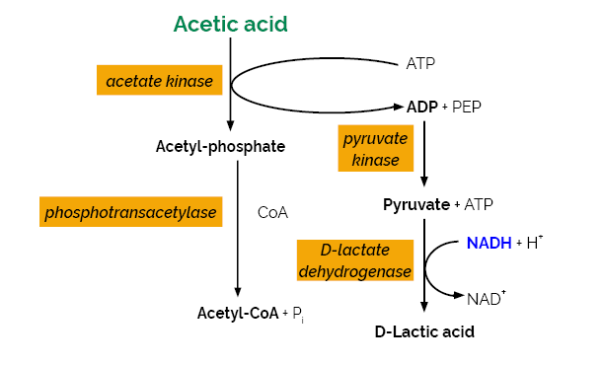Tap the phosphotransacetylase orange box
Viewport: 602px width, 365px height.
click(x=130, y=212)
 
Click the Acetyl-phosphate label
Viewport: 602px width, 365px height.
click(x=220, y=147)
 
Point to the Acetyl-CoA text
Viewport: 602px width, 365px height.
click(x=238, y=313)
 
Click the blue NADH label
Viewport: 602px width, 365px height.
click(x=489, y=243)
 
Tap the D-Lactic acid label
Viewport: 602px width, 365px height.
click(x=424, y=331)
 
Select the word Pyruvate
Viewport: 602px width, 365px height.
click(x=416, y=205)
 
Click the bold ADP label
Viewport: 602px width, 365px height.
click(x=422, y=106)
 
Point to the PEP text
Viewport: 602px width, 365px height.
click(x=468, y=106)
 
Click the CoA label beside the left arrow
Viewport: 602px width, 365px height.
click(x=272, y=212)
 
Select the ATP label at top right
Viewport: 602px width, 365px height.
click(x=421, y=64)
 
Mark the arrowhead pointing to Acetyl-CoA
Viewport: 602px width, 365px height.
click(x=238, y=292)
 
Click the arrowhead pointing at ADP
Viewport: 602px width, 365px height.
click(x=397, y=105)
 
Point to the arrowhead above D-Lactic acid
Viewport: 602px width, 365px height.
click(x=424, y=308)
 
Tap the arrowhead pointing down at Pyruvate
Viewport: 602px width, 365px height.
click(x=424, y=182)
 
